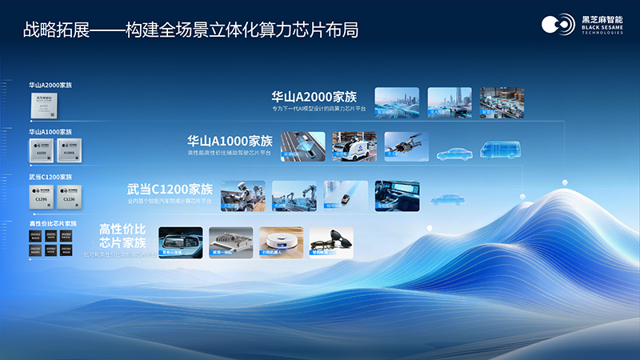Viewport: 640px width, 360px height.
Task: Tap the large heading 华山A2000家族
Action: tap(314, 96)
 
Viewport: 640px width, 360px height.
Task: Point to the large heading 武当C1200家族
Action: tap(170, 190)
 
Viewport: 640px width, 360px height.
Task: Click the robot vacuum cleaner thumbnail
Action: tap(281, 243)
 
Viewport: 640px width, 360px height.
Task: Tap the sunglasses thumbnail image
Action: tap(331, 243)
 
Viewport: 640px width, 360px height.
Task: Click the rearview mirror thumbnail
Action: tap(181, 243)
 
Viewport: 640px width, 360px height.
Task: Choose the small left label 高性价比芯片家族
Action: tap(54, 224)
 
